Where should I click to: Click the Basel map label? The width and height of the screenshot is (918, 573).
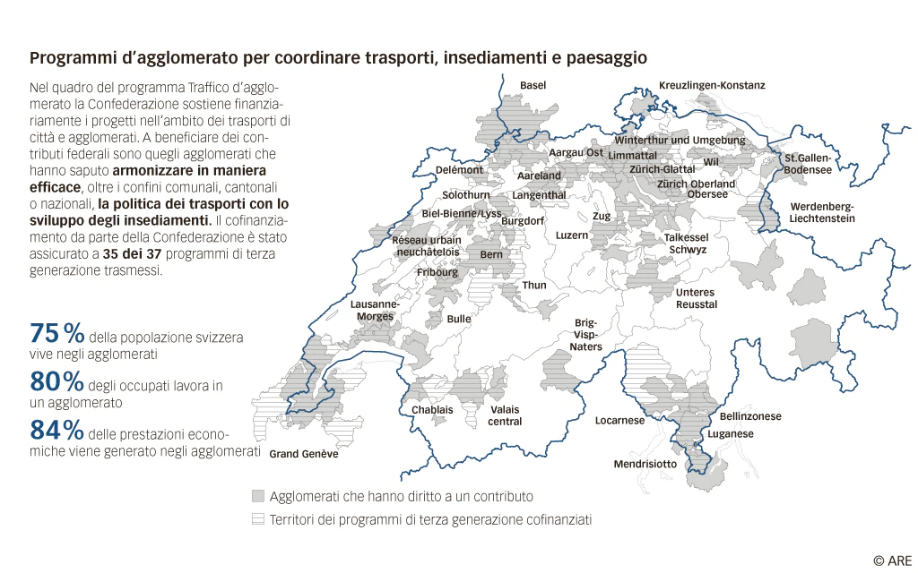533,85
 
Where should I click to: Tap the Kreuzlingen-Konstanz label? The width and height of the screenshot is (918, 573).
712,85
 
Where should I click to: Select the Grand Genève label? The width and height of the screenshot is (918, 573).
304,454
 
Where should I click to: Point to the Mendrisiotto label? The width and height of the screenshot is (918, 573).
645,464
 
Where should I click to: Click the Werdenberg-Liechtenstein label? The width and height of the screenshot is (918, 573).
822,212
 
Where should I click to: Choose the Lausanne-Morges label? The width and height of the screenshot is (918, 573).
375,310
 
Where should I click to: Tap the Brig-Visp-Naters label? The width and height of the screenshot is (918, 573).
587,334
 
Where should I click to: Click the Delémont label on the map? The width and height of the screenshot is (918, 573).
459,169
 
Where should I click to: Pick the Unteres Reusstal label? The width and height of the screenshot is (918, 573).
696,298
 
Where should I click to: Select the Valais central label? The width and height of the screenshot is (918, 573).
505,415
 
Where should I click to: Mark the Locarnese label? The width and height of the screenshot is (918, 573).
619,420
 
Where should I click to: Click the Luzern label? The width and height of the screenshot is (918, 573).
572,235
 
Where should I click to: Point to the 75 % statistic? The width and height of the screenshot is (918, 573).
57,333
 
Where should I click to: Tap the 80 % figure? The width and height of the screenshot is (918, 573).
57,381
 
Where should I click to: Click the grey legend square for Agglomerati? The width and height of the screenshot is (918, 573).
258,496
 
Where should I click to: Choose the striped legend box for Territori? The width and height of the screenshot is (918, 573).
258,518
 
